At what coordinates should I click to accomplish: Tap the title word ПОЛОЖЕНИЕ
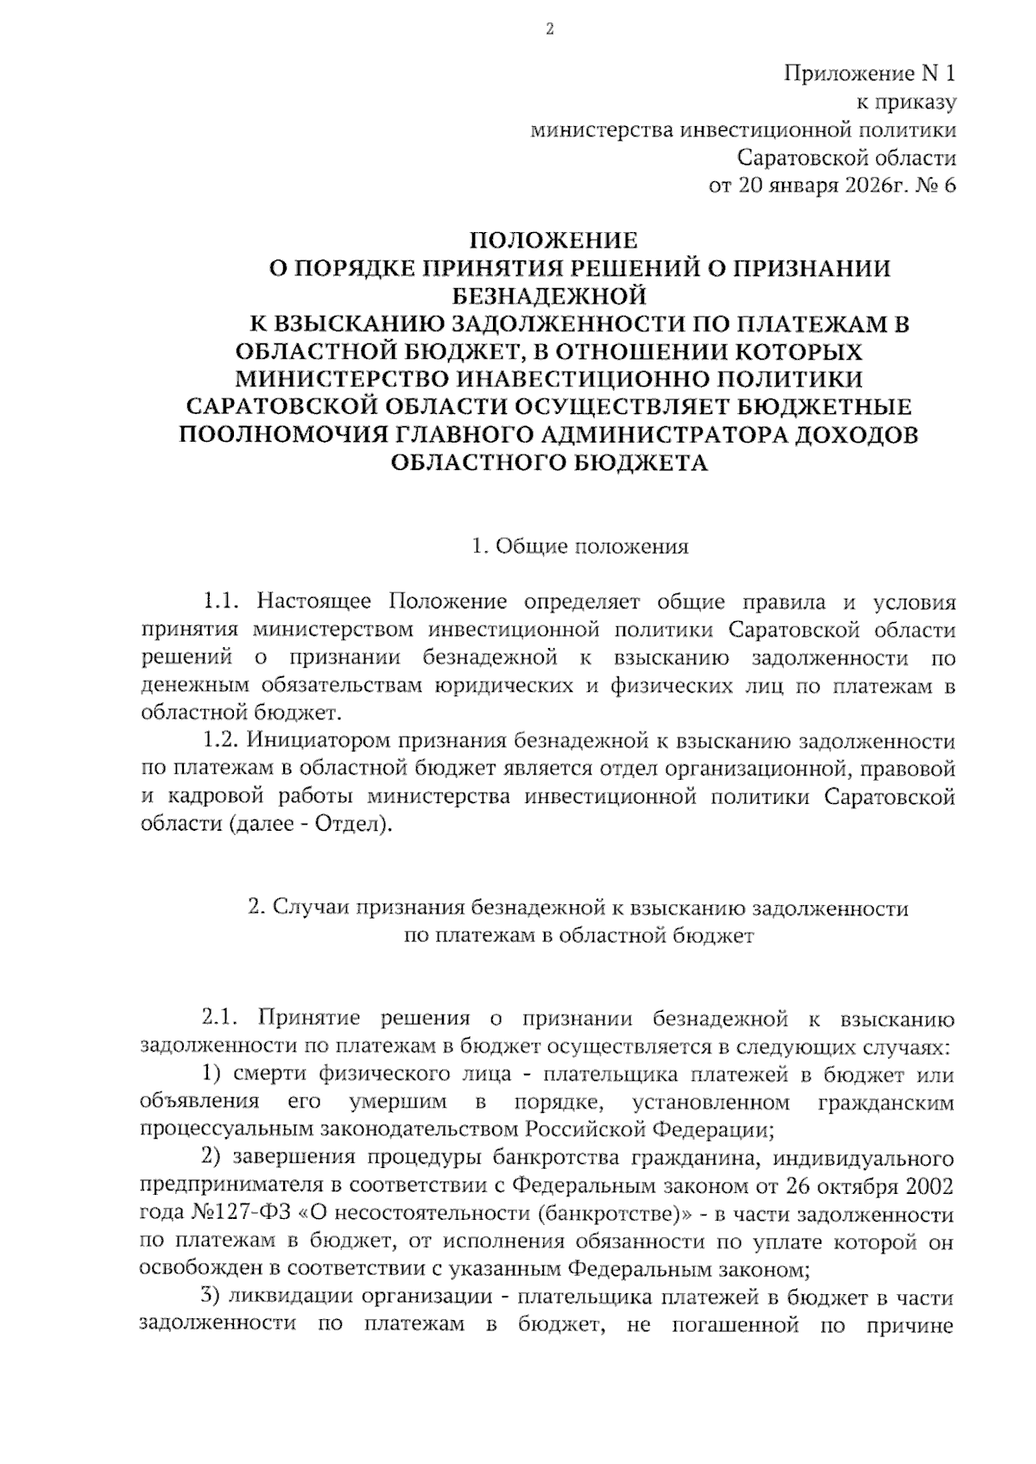553,240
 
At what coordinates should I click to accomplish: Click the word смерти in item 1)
270,1075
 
